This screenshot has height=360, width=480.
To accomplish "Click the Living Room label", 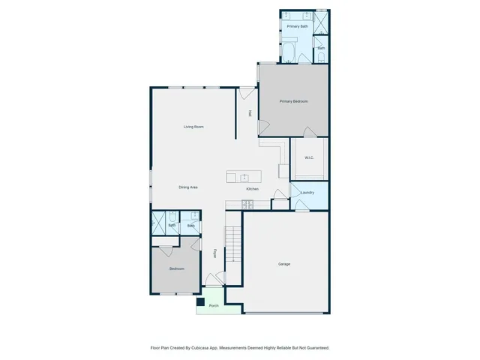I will tap(193, 127).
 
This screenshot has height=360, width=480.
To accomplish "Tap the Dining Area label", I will tap(187, 187).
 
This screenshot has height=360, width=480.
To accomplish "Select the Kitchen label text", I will tap(252, 188).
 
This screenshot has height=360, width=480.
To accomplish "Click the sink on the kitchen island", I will tap(245, 177).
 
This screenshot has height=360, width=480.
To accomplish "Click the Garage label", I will tap(284, 264).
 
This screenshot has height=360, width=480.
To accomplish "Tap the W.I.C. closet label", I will tap(308, 157).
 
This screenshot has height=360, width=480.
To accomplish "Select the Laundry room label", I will tap(307, 193).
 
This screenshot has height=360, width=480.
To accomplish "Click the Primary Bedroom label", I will tap(294, 101).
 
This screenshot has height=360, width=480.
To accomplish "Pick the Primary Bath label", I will tap(297, 26).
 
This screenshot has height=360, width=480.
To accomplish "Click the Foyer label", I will tap(215, 253).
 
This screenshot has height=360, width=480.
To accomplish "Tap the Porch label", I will tap(214, 306).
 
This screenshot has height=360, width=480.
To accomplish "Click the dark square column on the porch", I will tap(200, 302).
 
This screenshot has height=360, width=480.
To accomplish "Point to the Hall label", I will tap(250, 114).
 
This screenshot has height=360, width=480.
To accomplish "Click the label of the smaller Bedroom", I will tap(176, 268).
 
